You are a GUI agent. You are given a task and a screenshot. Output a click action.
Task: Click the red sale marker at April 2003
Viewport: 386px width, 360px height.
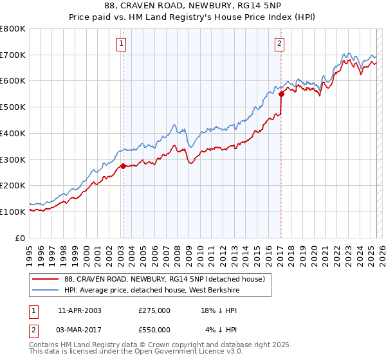tap(123, 166)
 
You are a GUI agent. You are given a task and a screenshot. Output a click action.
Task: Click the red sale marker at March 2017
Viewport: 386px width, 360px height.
tap(281, 94)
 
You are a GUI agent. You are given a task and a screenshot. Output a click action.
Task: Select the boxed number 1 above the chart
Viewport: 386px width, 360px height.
tap(122, 44)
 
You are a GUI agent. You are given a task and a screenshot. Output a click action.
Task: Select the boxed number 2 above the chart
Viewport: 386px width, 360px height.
tap(280, 44)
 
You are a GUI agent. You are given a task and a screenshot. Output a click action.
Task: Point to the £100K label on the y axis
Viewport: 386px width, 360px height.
tap(14, 212)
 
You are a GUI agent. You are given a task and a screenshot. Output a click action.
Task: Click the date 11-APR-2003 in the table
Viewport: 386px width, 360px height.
tap(80, 310)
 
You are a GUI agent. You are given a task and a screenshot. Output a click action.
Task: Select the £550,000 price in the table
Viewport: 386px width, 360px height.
tap(154, 330)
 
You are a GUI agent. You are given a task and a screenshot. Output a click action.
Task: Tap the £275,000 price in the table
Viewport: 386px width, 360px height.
tap(154, 310)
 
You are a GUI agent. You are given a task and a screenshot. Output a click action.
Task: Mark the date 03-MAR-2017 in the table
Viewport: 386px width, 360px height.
tap(80, 330)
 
